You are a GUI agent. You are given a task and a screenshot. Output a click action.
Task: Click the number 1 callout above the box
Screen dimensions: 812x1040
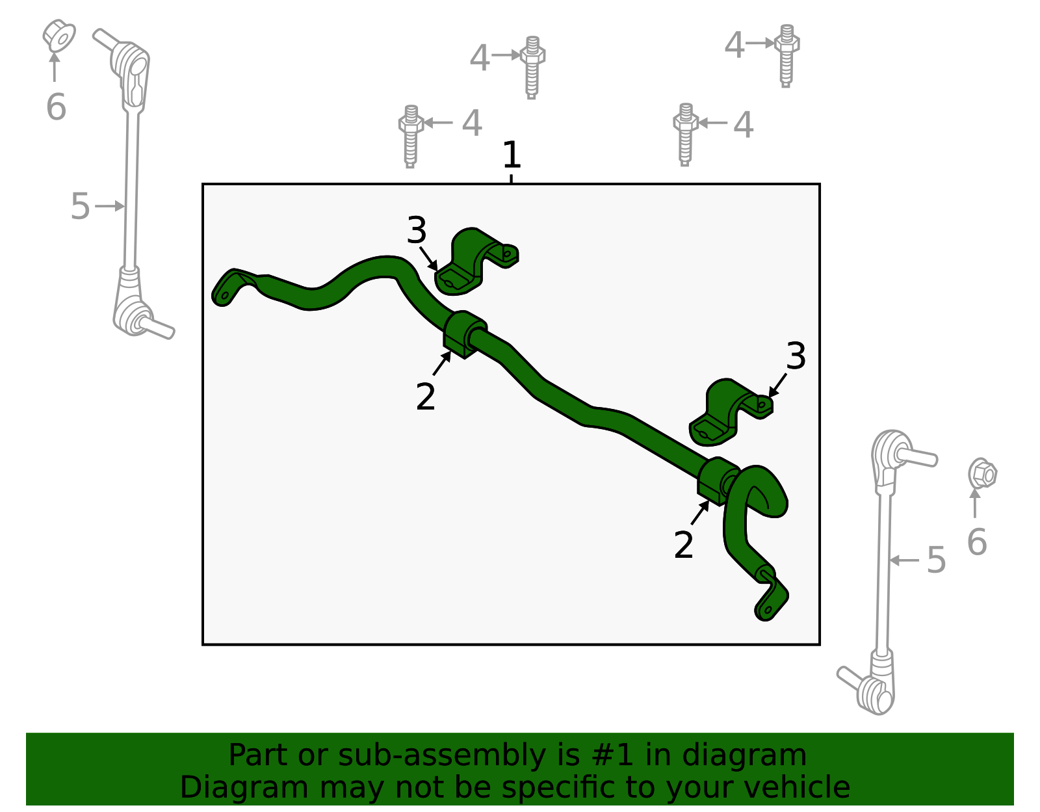pos(512,156)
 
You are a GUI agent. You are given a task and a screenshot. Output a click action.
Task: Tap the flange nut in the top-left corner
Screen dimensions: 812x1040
pos(58,36)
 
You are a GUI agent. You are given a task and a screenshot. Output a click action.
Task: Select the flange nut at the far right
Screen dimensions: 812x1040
pos(982,473)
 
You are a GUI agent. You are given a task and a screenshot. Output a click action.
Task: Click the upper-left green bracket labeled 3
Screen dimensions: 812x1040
pos(476,260)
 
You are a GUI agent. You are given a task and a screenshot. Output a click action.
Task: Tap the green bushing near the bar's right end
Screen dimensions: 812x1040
pos(718,481)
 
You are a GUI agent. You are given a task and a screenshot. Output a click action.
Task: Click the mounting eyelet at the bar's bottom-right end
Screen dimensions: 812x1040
pos(768,609)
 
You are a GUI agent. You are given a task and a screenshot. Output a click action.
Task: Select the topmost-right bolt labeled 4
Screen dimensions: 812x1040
pos(786,56)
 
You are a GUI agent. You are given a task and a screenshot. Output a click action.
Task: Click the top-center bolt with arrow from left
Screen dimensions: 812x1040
pos(532,67)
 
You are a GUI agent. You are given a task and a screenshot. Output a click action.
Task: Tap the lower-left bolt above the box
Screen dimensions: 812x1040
pos(410,136)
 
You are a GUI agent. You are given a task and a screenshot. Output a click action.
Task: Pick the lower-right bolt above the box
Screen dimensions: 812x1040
pos(685,134)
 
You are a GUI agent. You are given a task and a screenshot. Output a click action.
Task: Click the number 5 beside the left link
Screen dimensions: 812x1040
pos(80,207)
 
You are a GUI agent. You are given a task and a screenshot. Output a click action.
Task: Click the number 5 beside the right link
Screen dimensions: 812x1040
pos(935,560)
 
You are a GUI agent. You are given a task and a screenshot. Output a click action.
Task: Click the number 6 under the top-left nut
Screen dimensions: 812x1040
pos(56,107)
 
